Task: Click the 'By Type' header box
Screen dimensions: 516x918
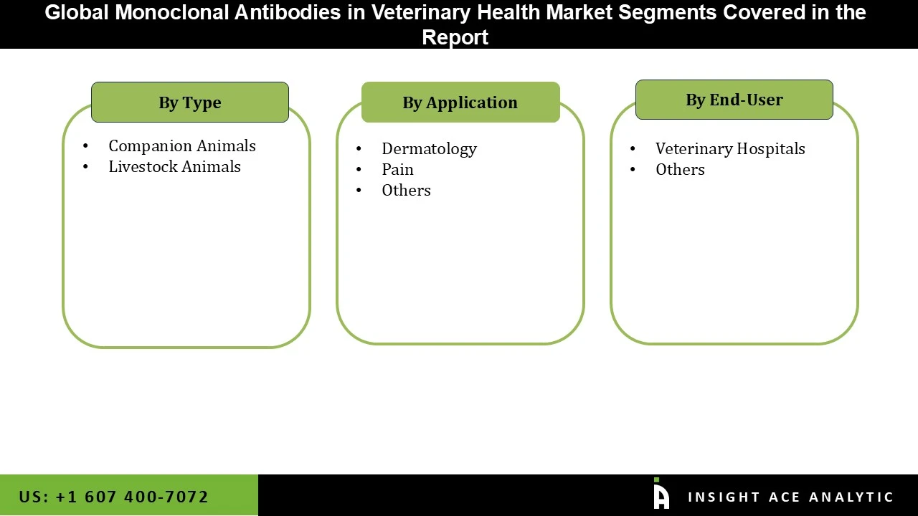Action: pyautogui.click(x=190, y=102)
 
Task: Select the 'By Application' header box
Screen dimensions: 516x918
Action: pyautogui.click(x=460, y=102)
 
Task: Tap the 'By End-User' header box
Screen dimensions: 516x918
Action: pyautogui.click(x=734, y=100)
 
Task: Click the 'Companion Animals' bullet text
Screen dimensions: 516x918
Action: pyautogui.click(x=182, y=146)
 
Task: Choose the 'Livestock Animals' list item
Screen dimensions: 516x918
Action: pyautogui.click(x=174, y=167)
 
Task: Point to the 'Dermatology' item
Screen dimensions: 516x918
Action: pyautogui.click(x=429, y=149)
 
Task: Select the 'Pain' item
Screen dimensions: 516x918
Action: pyautogui.click(x=397, y=170)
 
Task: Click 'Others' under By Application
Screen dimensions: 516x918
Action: pyautogui.click(x=406, y=191)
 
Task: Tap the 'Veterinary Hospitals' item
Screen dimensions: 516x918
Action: pyautogui.click(x=730, y=149)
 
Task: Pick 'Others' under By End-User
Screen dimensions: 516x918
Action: pyautogui.click(x=680, y=170)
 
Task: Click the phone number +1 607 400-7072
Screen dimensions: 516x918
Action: pyautogui.click(x=114, y=497)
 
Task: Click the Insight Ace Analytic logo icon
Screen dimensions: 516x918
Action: pyautogui.click(x=661, y=494)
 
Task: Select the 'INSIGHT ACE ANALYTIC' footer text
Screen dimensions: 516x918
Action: pyautogui.click(x=790, y=497)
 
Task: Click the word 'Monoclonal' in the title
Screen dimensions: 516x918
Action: pyautogui.click(x=168, y=12)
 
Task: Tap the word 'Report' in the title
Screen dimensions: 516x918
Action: pyautogui.click(x=455, y=37)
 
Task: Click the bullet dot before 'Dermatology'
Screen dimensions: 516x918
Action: pyautogui.click(x=359, y=149)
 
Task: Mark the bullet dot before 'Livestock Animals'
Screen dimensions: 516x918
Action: pyautogui.click(x=86, y=167)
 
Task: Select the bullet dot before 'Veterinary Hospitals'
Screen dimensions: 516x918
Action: pyautogui.click(x=633, y=149)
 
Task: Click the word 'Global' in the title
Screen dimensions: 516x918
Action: pyautogui.click(x=77, y=12)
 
